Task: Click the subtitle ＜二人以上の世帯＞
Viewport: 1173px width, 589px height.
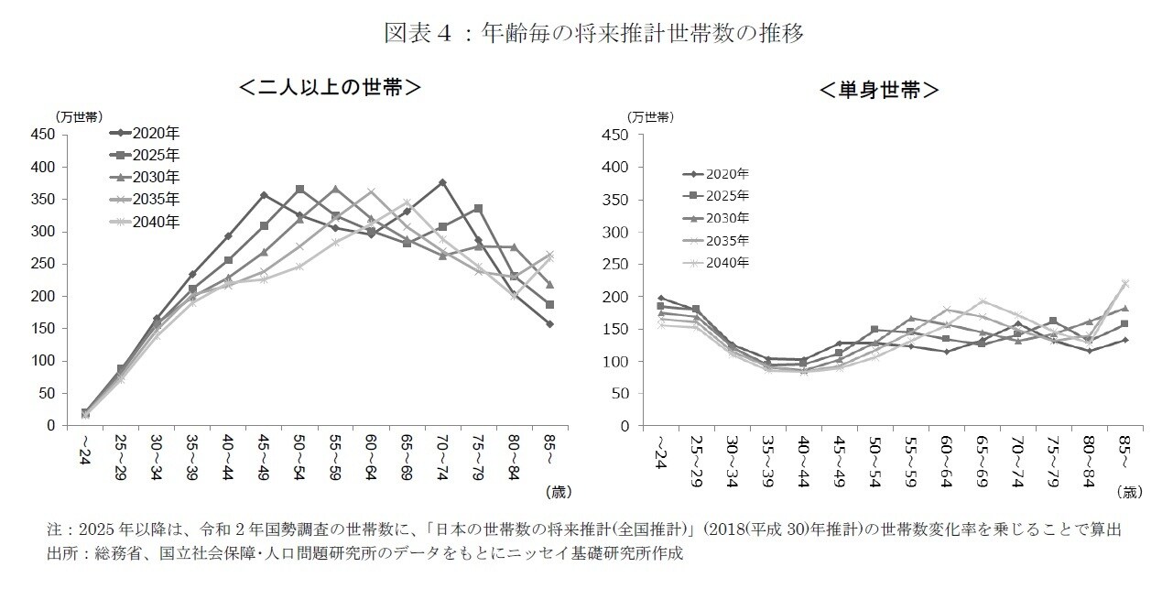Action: (x=330, y=88)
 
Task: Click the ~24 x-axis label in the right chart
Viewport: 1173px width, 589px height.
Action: (x=658, y=450)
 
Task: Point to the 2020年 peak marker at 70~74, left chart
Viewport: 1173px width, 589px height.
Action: (x=442, y=182)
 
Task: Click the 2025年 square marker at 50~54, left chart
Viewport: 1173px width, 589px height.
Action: (x=299, y=190)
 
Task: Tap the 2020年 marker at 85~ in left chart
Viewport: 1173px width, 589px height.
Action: (x=549, y=324)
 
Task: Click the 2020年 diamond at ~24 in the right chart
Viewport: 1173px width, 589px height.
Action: (x=661, y=299)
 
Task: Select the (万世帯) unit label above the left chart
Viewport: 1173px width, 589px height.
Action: (x=79, y=116)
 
